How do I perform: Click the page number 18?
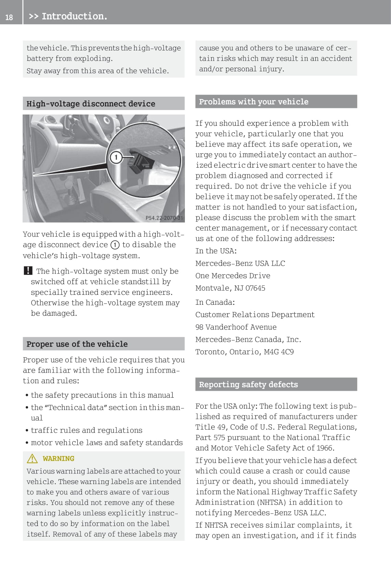coord(9,17)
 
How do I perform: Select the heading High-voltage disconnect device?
coord(91,104)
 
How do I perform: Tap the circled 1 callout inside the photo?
coord(116,157)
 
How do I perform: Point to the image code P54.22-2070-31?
coord(164,218)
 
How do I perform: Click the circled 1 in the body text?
coord(115,245)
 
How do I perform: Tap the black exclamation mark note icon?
coord(28,271)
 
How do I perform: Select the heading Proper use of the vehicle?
coord(77,344)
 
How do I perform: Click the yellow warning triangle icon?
coord(32,458)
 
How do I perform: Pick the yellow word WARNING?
coord(59,459)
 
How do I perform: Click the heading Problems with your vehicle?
coord(253,101)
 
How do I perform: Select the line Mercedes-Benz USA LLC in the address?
coord(240,263)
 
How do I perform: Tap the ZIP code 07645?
coord(255,288)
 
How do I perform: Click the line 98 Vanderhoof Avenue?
coord(236,327)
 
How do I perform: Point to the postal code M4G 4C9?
coord(279,352)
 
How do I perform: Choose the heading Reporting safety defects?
coord(248,384)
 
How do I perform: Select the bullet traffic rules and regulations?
coord(86,430)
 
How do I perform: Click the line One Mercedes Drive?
coord(233,276)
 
